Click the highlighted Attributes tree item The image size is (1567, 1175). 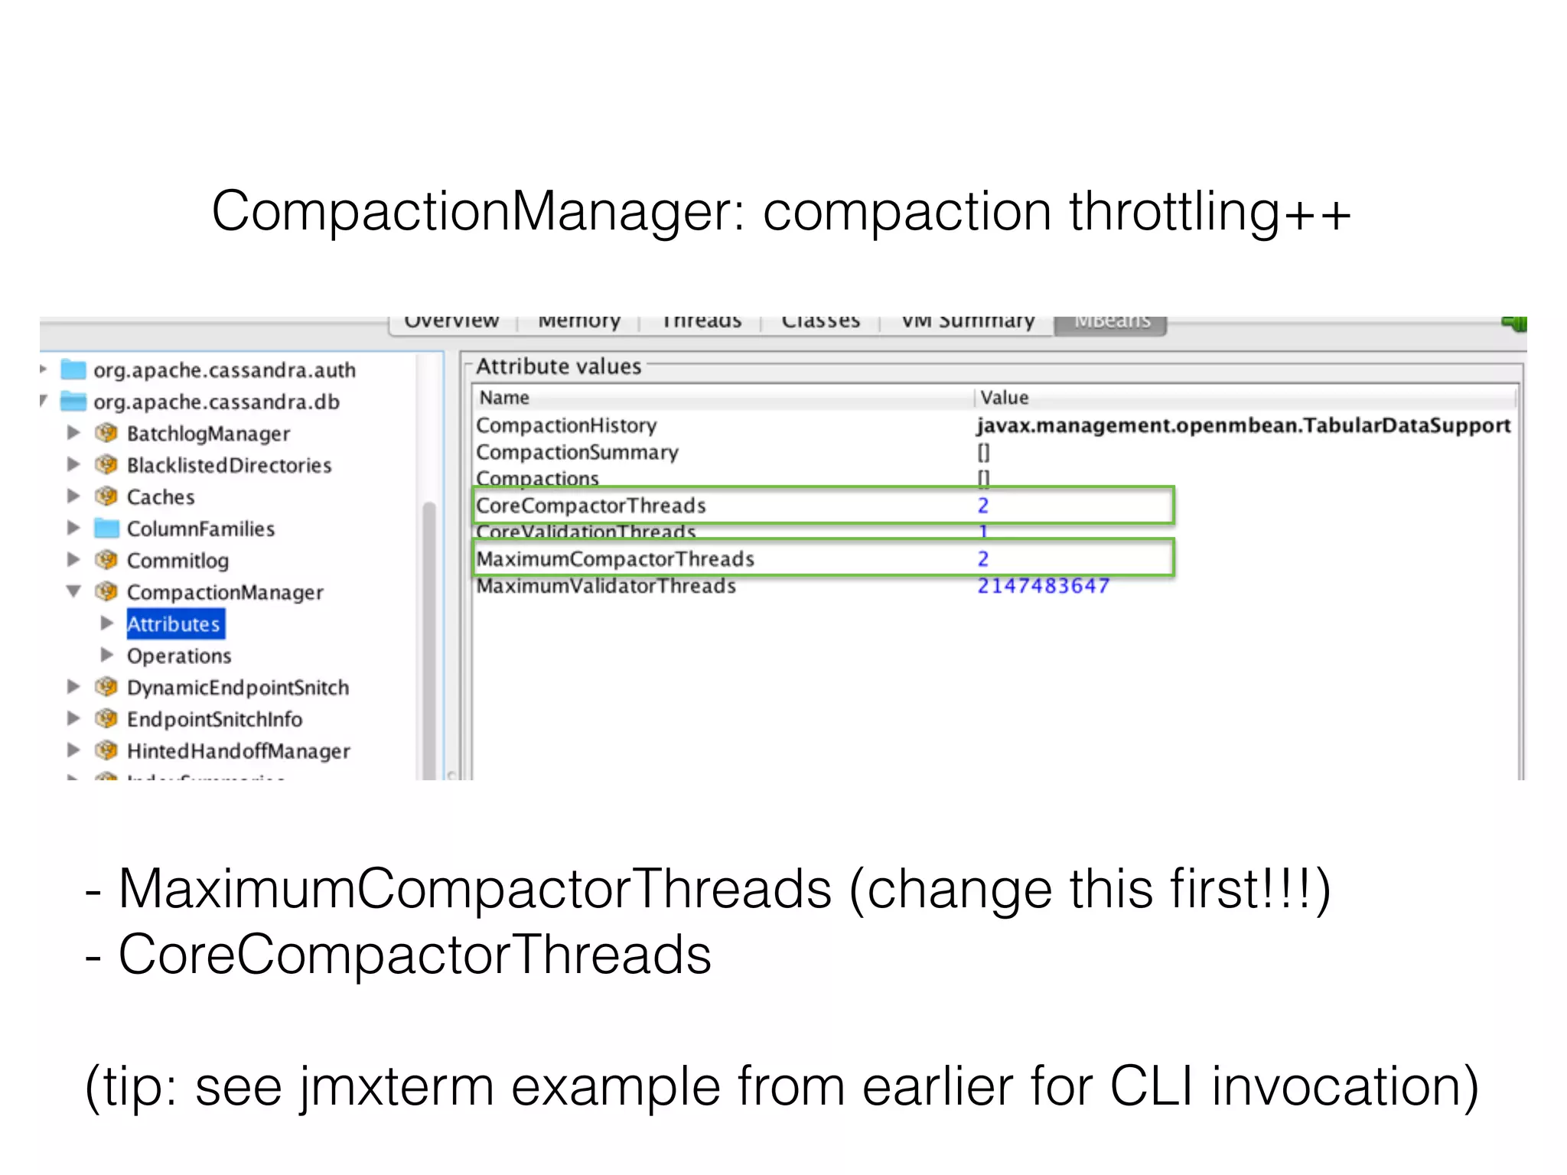click(174, 624)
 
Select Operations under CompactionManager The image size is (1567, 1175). click(179, 656)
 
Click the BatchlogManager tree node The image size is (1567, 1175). click(208, 434)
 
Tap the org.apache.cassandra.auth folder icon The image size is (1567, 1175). click(73, 370)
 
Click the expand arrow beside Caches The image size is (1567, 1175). click(73, 496)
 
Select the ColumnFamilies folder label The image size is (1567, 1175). click(200, 529)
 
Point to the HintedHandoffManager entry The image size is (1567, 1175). click(238, 751)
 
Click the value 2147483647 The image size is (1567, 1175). click(1043, 586)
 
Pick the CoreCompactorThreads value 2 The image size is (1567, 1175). click(983, 506)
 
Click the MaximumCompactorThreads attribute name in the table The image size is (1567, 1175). click(615, 559)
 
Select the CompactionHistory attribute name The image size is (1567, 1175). click(566, 425)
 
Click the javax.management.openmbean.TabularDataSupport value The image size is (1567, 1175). click(1243, 425)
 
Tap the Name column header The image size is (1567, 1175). click(504, 398)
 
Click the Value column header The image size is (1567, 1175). click(1005, 398)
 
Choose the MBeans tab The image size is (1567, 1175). click(1111, 323)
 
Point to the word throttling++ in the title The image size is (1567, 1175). click(1210, 212)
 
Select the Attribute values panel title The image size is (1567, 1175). click(559, 366)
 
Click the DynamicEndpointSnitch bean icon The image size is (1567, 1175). click(106, 687)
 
